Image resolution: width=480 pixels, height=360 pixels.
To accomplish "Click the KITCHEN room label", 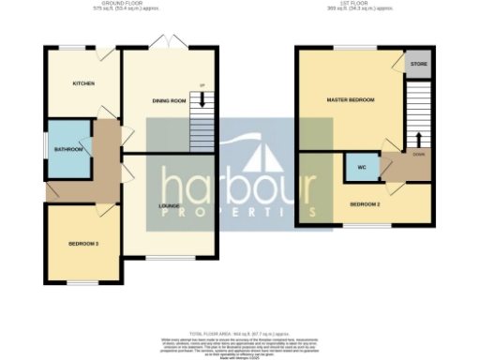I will click(84, 83).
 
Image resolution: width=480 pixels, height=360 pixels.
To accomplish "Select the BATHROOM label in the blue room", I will click(68, 148).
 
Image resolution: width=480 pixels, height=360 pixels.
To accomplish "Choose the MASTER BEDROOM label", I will click(351, 99).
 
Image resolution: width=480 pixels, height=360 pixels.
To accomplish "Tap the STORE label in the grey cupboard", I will click(419, 66).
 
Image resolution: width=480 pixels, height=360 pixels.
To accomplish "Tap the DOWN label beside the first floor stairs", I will click(418, 154).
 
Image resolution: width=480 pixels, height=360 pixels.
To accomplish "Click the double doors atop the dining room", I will click(169, 42).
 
